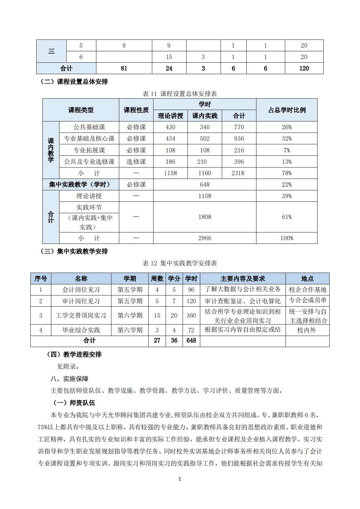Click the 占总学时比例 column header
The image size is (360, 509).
pos(287,110)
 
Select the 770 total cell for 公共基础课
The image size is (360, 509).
pos(239,127)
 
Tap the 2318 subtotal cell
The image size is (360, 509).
pos(238,173)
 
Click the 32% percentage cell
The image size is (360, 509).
pos(286,138)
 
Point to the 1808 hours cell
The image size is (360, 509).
pos(205,217)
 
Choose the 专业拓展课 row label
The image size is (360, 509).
pos(89,150)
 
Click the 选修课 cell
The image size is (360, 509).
pos(136,162)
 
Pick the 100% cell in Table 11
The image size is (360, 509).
pos(286,238)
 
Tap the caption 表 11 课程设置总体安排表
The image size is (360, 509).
pos(180,94)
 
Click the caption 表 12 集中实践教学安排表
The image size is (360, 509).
pos(180,263)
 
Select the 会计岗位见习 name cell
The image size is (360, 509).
pos(81,290)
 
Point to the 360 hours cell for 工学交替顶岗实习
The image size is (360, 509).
pos(191,315)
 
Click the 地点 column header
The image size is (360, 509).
pos(307,278)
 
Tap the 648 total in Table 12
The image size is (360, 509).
pos(191,341)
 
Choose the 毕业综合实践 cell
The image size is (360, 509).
pos(81,330)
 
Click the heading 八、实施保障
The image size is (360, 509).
pos(69,379)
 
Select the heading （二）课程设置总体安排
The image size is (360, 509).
pos(74,82)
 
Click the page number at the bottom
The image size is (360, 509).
pos(180,479)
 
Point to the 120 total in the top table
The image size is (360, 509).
pos(304,68)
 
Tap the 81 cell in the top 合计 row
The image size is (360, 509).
pos(124,68)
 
